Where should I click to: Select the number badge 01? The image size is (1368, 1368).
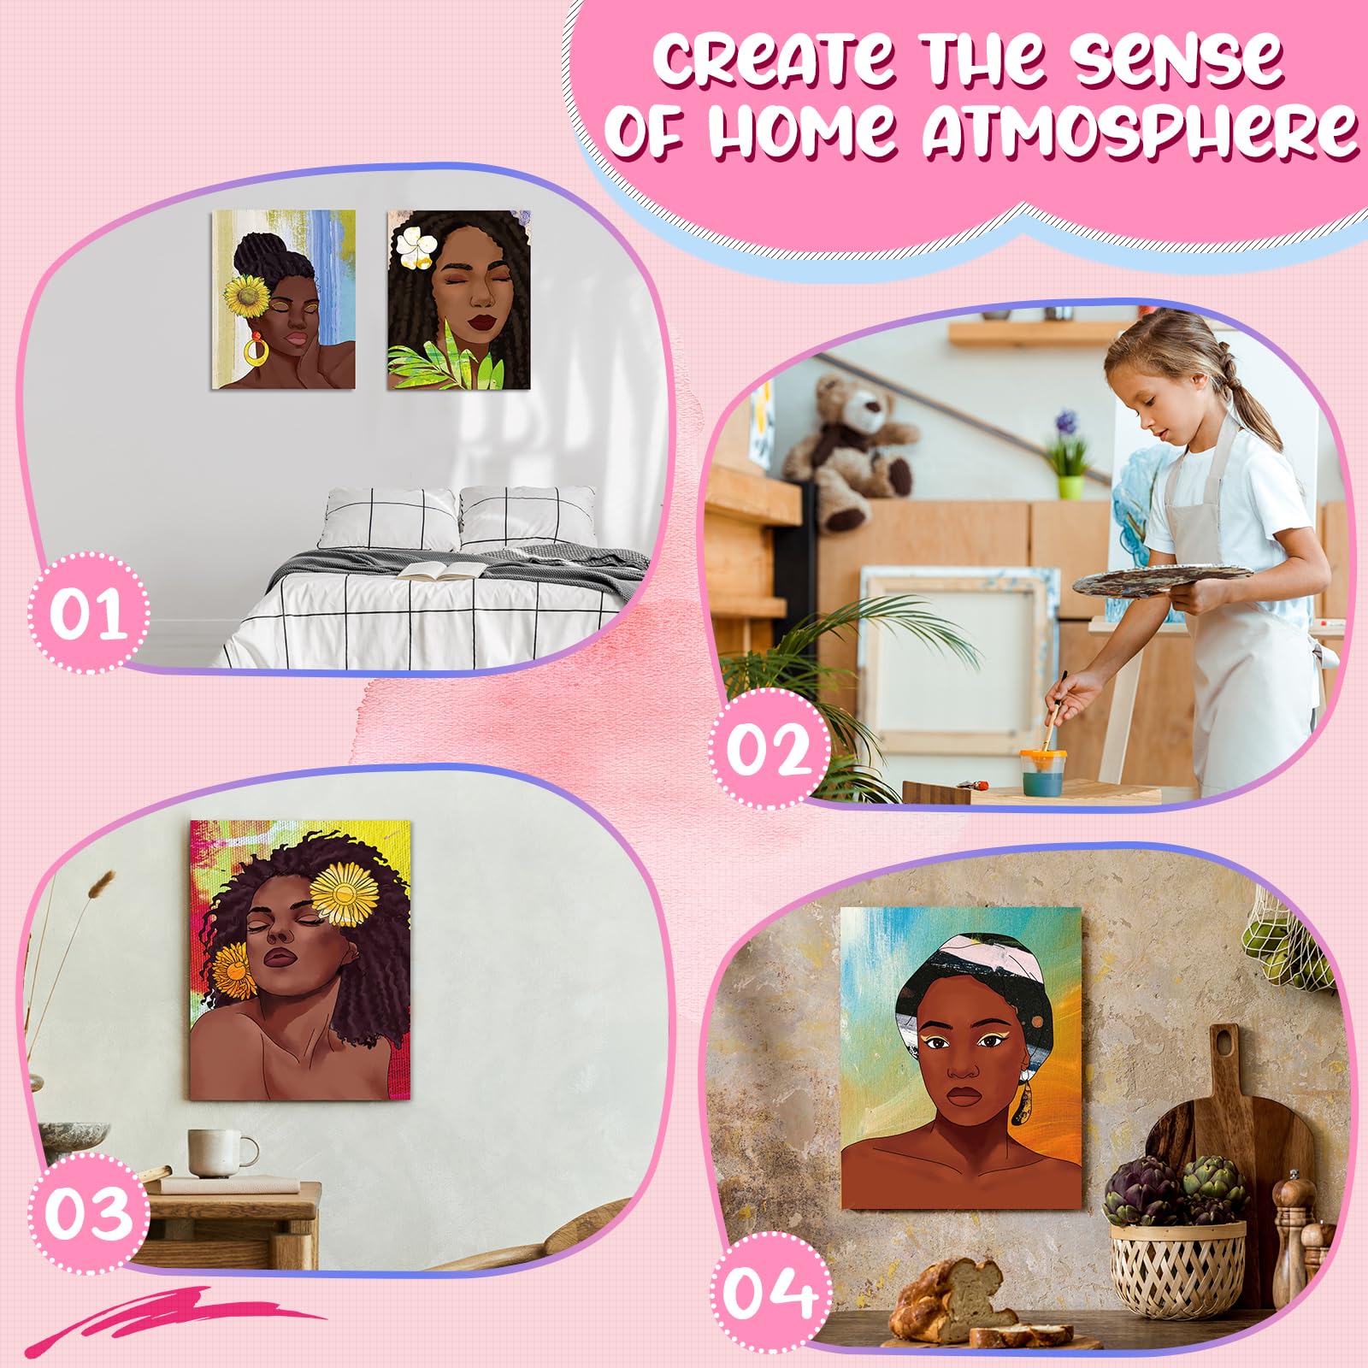(x=87, y=612)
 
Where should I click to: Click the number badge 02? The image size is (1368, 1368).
(x=769, y=749)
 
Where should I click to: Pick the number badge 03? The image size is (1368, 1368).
(x=87, y=1212)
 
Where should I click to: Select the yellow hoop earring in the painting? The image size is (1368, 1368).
(x=255, y=350)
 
